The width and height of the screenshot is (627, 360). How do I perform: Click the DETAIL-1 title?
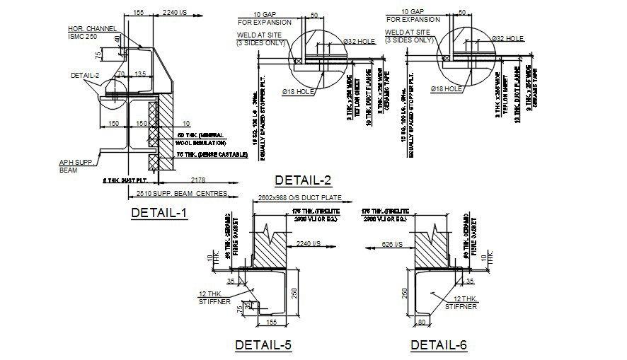point(159,212)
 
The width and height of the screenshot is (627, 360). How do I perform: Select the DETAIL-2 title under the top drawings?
point(303,180)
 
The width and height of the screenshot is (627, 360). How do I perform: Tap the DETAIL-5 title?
point(263,344)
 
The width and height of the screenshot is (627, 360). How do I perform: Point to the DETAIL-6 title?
point(439,344)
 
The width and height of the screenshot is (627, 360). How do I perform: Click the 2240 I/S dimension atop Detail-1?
point(175,13)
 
